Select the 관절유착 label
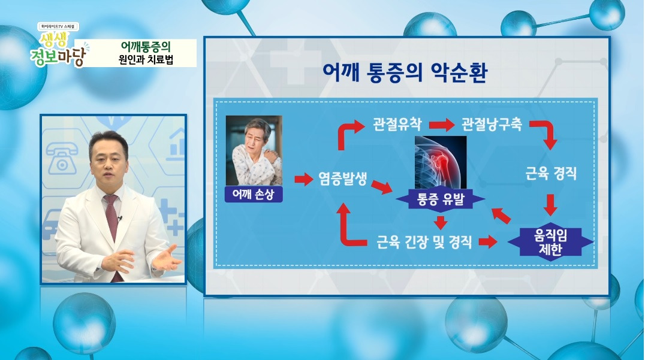(397, 125)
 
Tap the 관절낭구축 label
(492, 125)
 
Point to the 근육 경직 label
(550, 174)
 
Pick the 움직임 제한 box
(550, 242)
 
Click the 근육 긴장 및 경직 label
(424, 242)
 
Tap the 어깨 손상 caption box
(253, 195)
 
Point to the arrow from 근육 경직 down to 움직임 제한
(550, 204)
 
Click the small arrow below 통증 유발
(441, 222)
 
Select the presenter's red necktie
(111, 216)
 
